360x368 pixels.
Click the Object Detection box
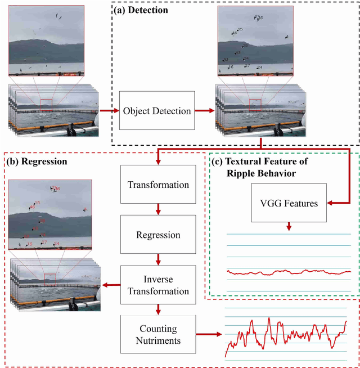[157, 111]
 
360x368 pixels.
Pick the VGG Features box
[289, 203]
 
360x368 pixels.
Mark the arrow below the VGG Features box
[289, 226]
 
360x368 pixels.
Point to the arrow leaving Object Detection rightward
[203, 111]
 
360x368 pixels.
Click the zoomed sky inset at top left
[47, 41]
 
